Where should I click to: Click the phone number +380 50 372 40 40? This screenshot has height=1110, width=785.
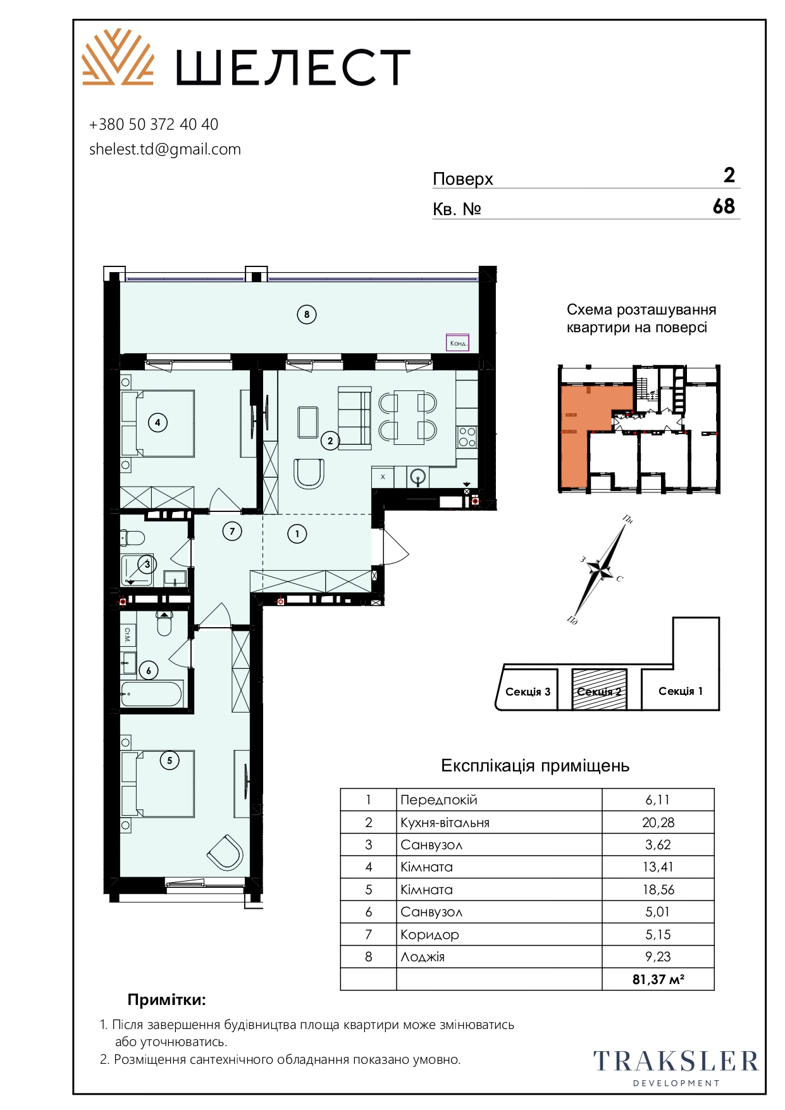154,125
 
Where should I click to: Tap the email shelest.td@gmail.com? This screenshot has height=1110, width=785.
165,149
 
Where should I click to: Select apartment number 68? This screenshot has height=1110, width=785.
724,206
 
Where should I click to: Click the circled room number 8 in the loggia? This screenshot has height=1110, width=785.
307,315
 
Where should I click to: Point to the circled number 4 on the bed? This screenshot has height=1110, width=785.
158,422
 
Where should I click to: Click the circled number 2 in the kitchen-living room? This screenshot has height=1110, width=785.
330,440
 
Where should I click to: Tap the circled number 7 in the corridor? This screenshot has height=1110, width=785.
232,532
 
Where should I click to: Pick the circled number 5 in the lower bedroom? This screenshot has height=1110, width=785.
170,760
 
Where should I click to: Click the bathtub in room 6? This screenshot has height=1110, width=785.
152,694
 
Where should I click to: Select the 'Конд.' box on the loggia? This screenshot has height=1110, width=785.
458,342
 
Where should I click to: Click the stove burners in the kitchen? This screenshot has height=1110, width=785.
467,437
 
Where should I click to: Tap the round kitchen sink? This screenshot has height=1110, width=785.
418,477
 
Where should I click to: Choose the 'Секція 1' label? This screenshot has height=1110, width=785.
681,691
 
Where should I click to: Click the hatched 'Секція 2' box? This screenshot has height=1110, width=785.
599,690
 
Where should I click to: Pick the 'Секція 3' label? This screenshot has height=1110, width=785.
528,692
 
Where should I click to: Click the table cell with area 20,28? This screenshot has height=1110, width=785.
658,822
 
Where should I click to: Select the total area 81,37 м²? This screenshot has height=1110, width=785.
658,979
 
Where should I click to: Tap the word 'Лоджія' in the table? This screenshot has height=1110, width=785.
423,957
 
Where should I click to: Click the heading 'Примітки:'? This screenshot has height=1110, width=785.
167,1000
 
